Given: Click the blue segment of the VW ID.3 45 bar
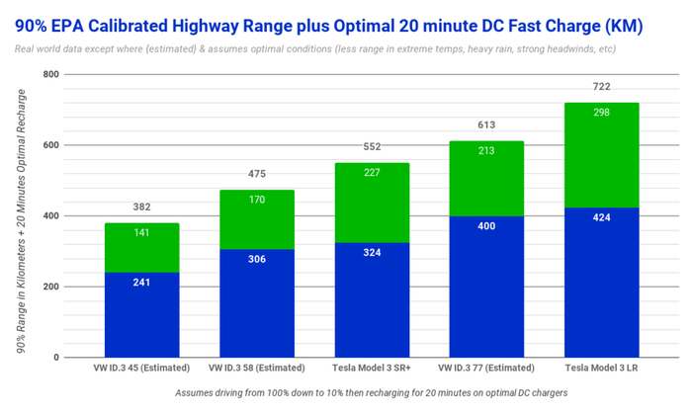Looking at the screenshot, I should pos(142,314).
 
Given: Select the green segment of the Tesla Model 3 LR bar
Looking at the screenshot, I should pos(601,155).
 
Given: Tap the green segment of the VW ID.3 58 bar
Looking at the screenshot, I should pos(257,219).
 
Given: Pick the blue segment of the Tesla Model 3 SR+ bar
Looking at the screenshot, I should pos(372,299).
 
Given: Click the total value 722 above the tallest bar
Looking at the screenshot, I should pos(601,87).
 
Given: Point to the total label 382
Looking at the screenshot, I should pos(142,207).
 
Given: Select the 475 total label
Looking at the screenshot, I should pos(257,175).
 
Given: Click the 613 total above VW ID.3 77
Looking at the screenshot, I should pos(486,125).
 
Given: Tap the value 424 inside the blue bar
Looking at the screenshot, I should pos(601,217).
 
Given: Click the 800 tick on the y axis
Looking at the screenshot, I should pos(50,74).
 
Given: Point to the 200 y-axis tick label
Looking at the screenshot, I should pos(50,287).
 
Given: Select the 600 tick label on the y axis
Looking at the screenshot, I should pos(50,145).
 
